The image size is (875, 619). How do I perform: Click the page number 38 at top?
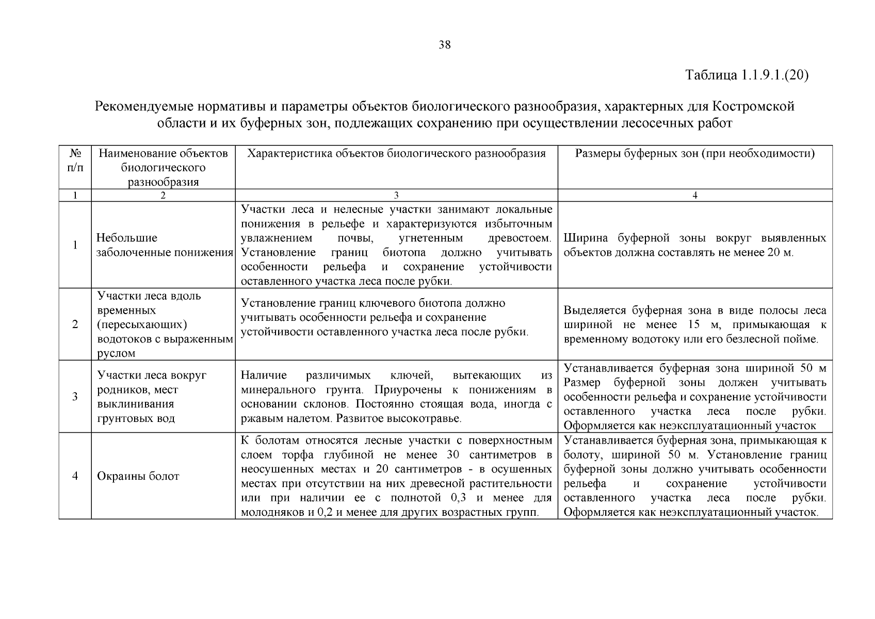click(x=444, y=45)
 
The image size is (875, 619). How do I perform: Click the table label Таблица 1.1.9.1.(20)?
click(x=747, y=75)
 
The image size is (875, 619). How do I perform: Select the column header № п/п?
click(x=75, y=160)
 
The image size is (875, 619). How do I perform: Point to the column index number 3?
click(x=396, y=196)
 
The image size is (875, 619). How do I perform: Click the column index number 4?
click(x=695, y=196)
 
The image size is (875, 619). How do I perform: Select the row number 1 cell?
click(x=75, y=245)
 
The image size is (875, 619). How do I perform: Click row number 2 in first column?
click(x=75, y=324)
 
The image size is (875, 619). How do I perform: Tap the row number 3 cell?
click(x=75, y=397)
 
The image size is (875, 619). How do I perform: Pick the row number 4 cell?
click(x=75, y=476)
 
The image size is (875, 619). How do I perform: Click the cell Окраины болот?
click(x=138, y=476)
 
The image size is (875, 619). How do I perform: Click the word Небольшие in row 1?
click(x=127, y=238)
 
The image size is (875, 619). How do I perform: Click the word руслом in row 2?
click(x=116, y=353)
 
